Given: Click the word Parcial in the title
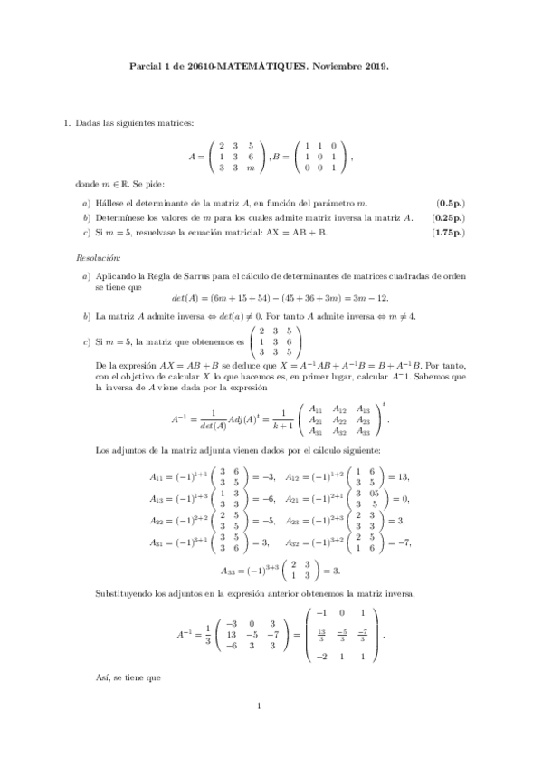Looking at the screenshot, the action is [145, 66].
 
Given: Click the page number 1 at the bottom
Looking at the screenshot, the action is [259, 732].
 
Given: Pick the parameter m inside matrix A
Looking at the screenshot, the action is [251, 168].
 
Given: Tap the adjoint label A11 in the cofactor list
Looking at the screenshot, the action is [157, 476].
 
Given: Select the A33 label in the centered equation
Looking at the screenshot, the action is [231, 569].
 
